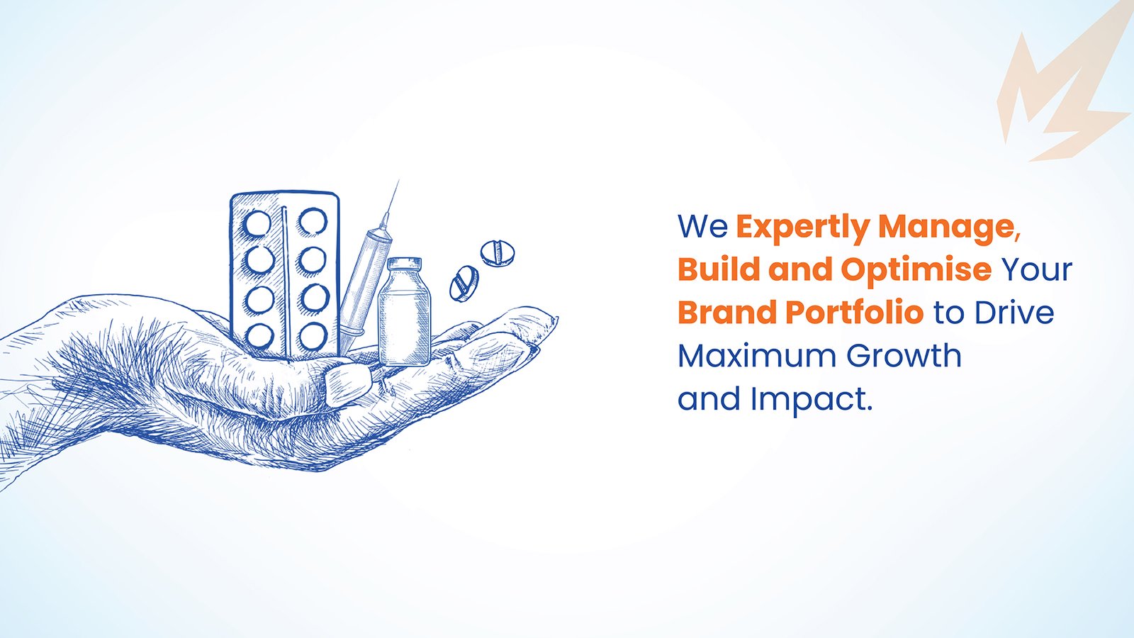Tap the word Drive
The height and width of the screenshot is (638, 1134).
click(1014, 313)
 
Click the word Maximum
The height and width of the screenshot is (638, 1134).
click(758, 355)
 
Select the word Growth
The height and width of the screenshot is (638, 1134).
click(904, 355)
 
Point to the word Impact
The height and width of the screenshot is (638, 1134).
click(812, 400)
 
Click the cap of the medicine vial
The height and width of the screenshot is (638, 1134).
click(404, 264)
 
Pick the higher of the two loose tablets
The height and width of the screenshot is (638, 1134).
click(498, 253)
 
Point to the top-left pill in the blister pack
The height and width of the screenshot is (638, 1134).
click(258, 224)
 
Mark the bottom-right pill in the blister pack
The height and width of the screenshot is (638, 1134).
click(312, 336)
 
